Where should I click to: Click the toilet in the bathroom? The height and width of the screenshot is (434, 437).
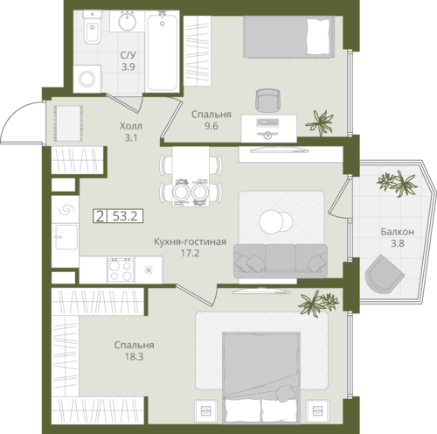tap(93, 27)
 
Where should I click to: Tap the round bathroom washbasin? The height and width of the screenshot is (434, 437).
tap(127, 21)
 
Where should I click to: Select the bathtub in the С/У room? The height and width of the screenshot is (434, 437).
tap(162, 52)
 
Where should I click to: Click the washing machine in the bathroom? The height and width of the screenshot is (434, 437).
tap(87, 79)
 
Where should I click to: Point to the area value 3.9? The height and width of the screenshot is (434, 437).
tap(128, 67)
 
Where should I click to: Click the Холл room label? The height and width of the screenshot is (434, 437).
tap(131, 126)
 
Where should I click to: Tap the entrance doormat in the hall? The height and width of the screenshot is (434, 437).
tap(67, 123)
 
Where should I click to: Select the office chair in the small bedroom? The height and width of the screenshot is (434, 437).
tap(267, 101)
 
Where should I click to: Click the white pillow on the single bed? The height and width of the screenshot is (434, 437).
tap(318, 37)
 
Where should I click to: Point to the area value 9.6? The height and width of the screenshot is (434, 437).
tap(212, 126)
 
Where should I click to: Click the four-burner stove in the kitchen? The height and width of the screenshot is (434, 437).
tap(121, 269)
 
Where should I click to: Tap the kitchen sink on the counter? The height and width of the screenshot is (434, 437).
tap(66, 237)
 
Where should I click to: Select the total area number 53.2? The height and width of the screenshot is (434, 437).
tap(125, 216)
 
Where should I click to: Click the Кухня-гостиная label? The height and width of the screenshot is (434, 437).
tap(190, 241)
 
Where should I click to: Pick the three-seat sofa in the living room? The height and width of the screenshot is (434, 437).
tap(281, 261)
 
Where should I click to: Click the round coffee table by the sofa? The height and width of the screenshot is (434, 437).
tap(275, 221)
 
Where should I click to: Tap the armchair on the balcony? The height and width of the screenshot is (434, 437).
tap(383, 274)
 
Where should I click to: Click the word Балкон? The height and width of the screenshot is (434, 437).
tap(398, 232)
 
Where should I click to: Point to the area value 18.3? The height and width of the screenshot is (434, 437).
tap(135, 357)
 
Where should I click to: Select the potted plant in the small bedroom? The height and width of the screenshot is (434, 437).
tap(320, 122)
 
